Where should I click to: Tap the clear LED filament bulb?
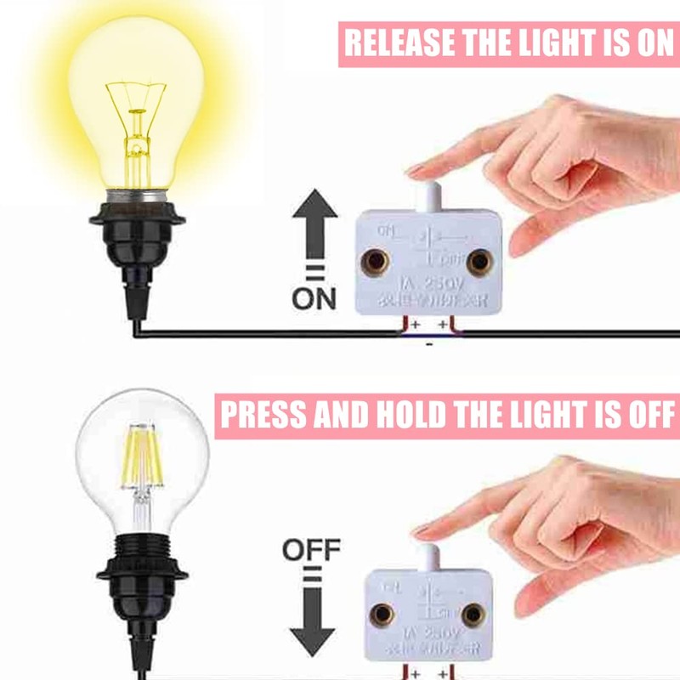[x=141, y=459]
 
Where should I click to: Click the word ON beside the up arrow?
[x=314, y=299]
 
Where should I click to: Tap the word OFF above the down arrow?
[x=311, y=550]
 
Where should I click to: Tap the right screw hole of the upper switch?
[x=481, y=260]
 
